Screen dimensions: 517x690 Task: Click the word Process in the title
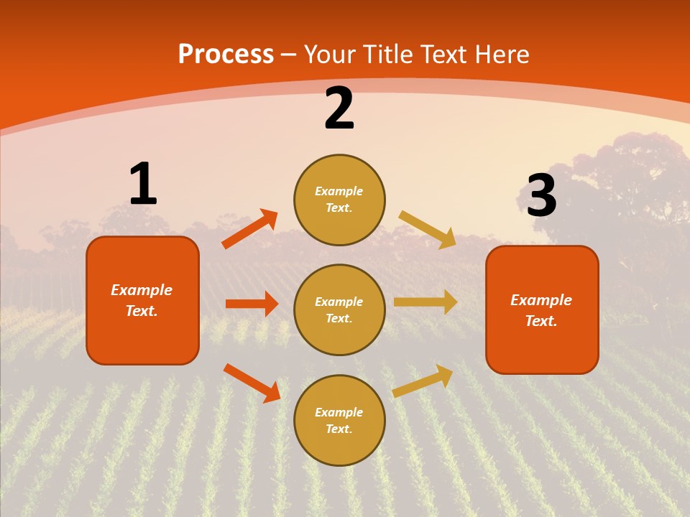tap(226, 55)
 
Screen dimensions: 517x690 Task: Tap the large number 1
tap(142, 184)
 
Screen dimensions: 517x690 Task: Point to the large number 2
tap(339, 109)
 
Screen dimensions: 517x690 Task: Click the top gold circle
tap(339, 200)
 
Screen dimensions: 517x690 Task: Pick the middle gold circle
tap(339, 309)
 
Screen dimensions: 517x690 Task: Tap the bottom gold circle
tap(339, 420)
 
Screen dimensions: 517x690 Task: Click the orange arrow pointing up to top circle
tap(249, 229)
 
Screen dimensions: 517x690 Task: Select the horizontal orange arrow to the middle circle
tap(252, 304)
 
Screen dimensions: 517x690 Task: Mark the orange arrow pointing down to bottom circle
tap(252, 383)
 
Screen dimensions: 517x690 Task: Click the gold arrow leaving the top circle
tap(428, 229)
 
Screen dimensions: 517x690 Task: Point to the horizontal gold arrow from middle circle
tap(425, 302)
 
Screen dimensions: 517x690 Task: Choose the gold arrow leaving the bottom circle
tap(423, 381)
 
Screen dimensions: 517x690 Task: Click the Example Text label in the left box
tap(142, 300)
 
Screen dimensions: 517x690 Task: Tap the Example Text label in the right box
tap(541, 310)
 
